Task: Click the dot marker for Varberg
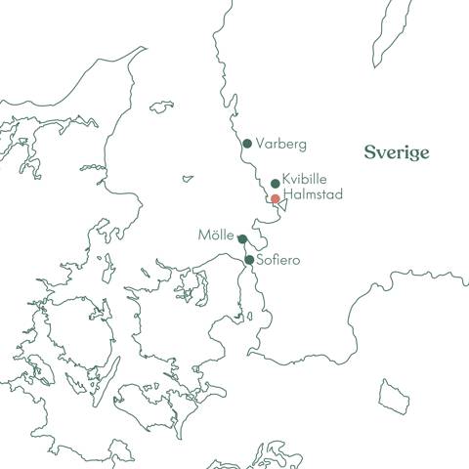247,144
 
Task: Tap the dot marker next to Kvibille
276,183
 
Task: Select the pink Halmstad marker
276,198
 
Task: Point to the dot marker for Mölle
241,237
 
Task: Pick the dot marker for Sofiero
250,260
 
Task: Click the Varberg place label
281,144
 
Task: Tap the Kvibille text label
304,180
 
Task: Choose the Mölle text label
215,235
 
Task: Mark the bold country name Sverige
397,152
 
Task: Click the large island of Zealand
186,332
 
